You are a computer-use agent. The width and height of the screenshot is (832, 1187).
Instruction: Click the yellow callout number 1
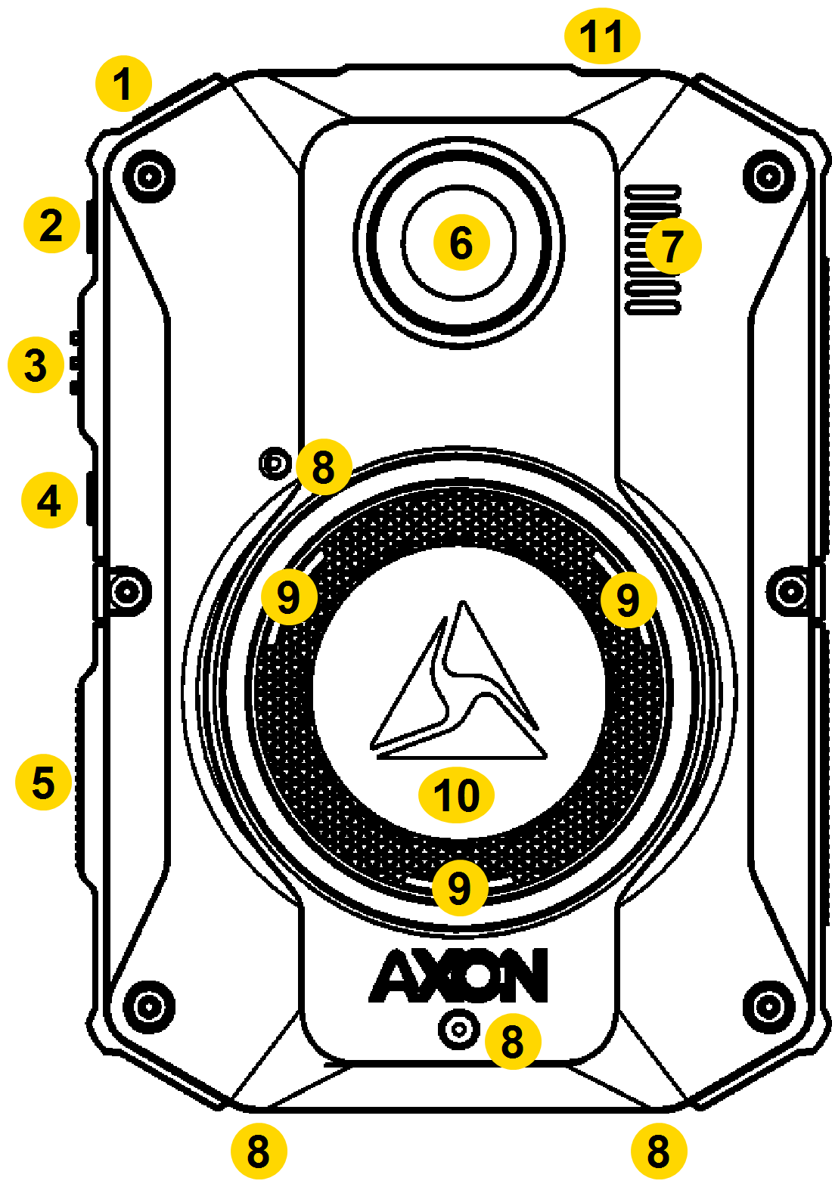tap(123, 84)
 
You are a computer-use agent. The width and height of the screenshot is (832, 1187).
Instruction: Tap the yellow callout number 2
tap(51, 225)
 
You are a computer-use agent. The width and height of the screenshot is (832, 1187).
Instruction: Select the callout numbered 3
tap(36, 365)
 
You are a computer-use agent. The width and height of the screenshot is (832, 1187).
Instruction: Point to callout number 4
tap(49, 501)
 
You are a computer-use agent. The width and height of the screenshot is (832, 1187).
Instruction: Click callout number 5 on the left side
tap(43, 782)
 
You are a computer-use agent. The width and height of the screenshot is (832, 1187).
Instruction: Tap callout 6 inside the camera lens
tap(461, 243)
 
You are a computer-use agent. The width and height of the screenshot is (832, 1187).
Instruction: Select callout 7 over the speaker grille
tap(672, 246)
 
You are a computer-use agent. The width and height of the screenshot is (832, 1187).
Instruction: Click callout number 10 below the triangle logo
tap(456, 795)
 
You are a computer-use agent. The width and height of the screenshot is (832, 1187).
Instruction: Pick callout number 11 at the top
tap(602, 36)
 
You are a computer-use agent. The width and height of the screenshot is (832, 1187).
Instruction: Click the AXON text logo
tap(459, 975)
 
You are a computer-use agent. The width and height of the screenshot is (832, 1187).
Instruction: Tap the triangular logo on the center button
tap(459, 684)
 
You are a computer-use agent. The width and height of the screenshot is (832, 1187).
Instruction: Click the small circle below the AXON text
tap(459, 1029)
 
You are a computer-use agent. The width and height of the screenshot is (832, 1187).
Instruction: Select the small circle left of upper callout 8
tap(275, 462)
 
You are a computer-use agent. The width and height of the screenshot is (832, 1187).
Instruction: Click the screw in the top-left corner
tap(150, 178)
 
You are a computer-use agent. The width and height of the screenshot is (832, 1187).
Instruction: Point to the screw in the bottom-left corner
tap(150, 1006)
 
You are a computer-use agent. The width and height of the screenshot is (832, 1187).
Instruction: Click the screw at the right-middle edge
tap(791, 591)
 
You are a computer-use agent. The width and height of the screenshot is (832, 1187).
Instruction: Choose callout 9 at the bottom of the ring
tap(459, 888)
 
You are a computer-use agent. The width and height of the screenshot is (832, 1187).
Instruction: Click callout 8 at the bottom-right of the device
tap(658, 1151)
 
